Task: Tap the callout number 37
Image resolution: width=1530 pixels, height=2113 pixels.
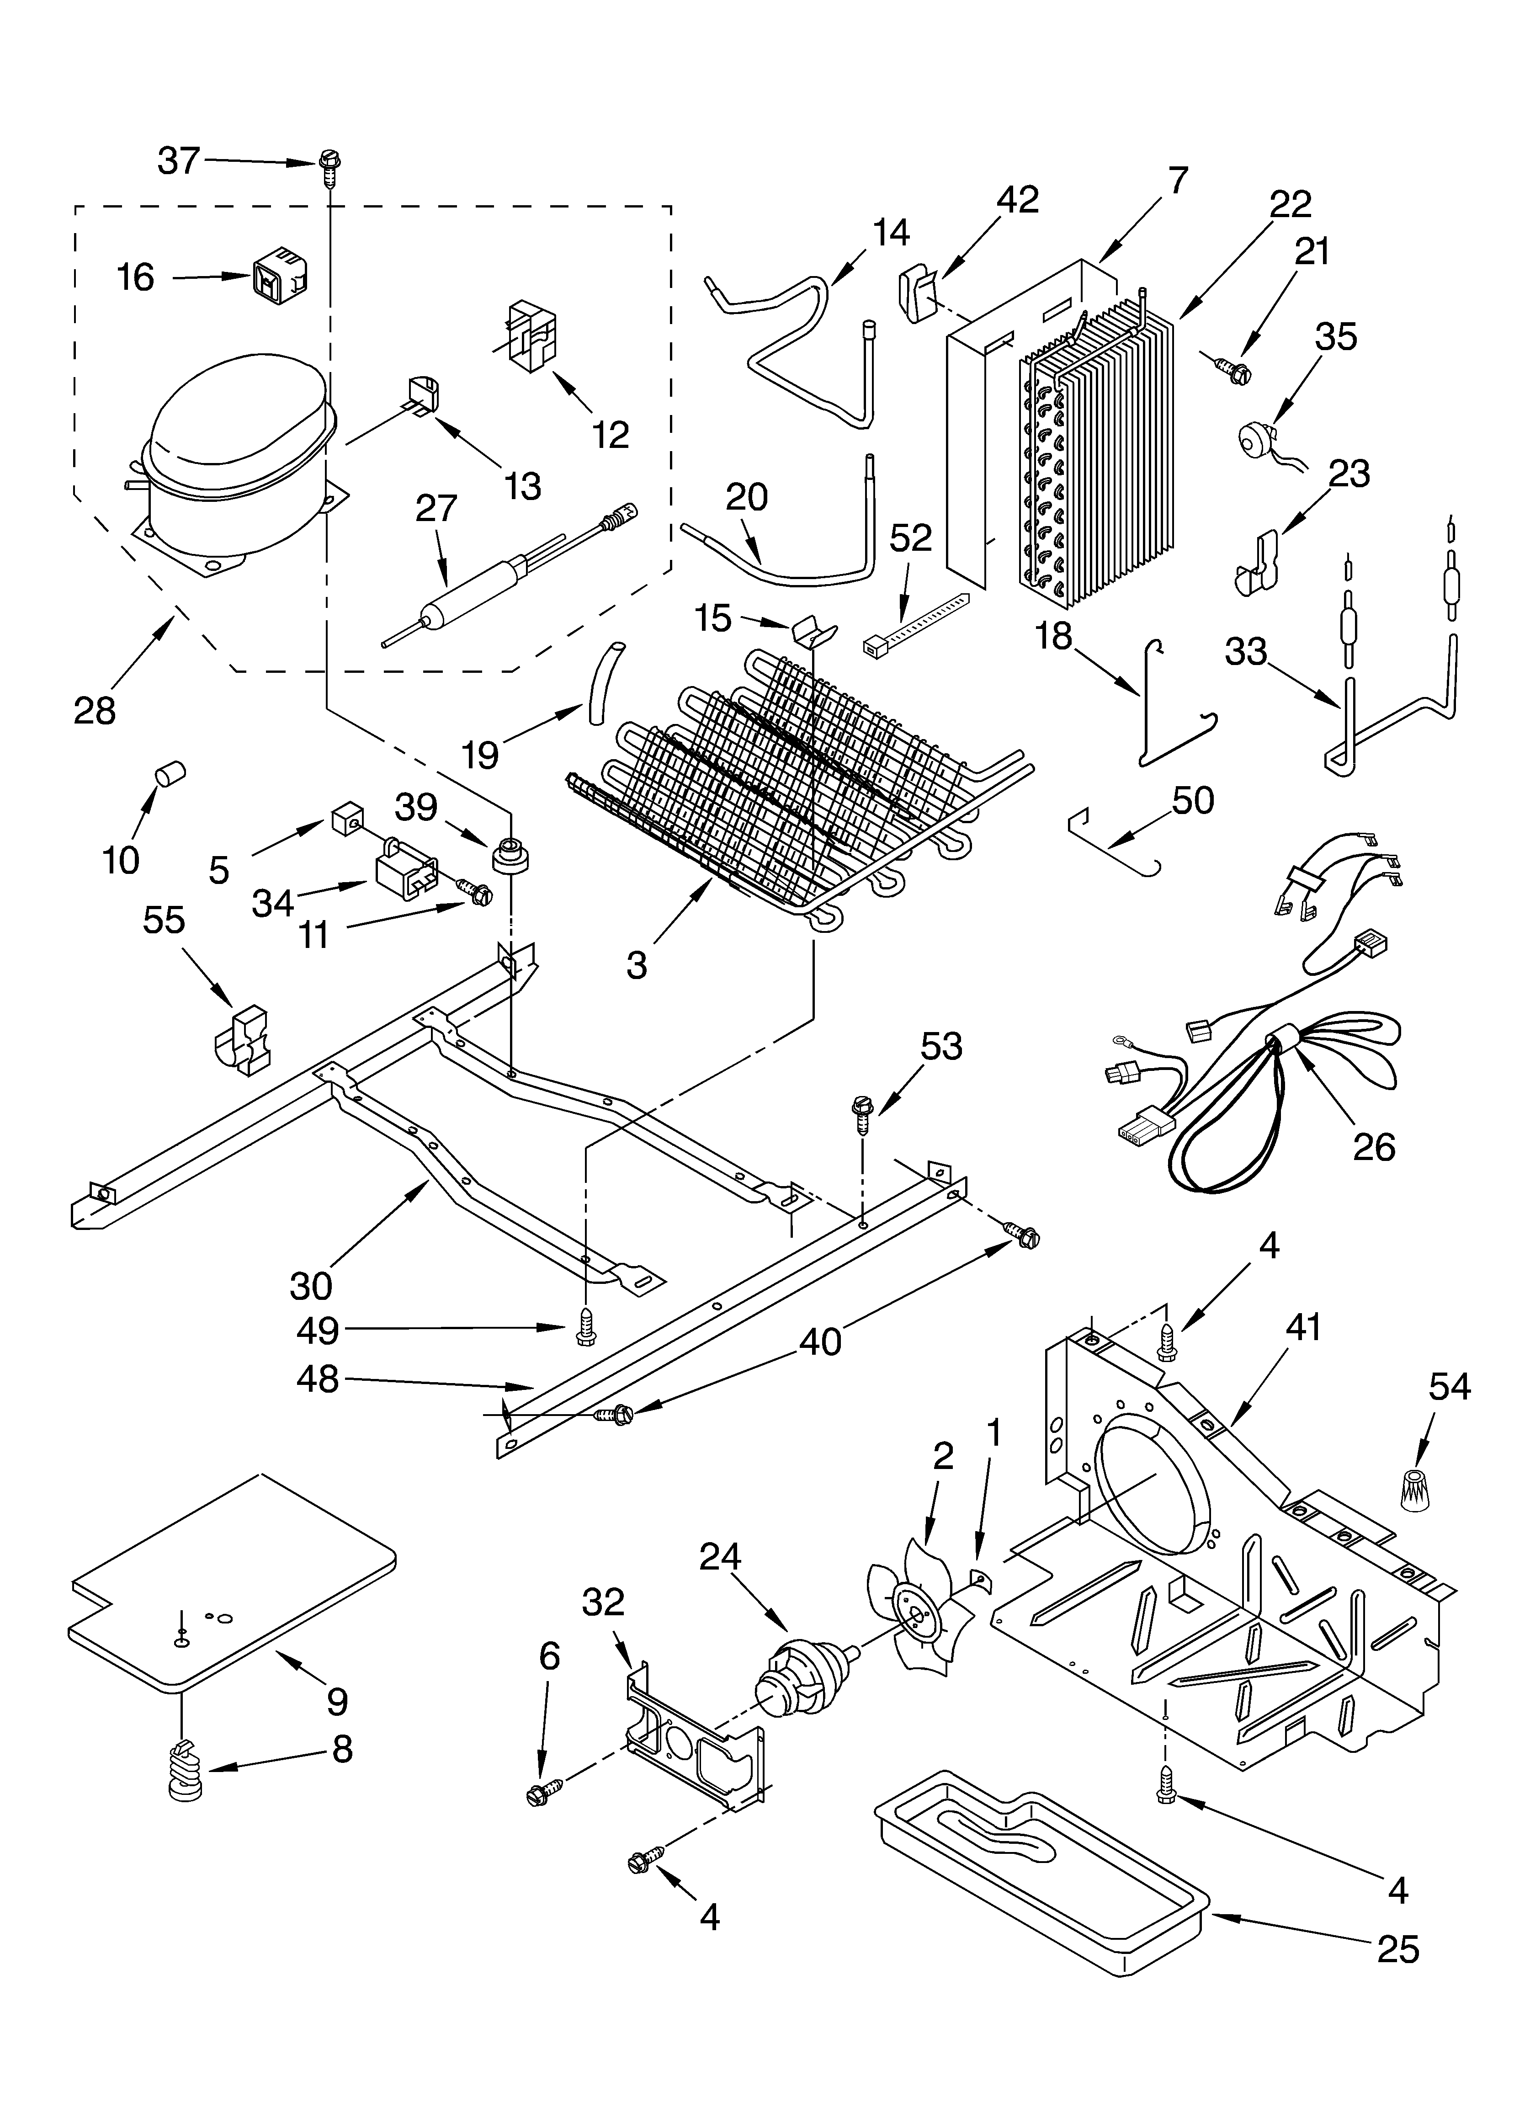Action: (x=179, y=161)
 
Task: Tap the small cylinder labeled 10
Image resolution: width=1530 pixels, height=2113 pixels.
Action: (x=170, y=773)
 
